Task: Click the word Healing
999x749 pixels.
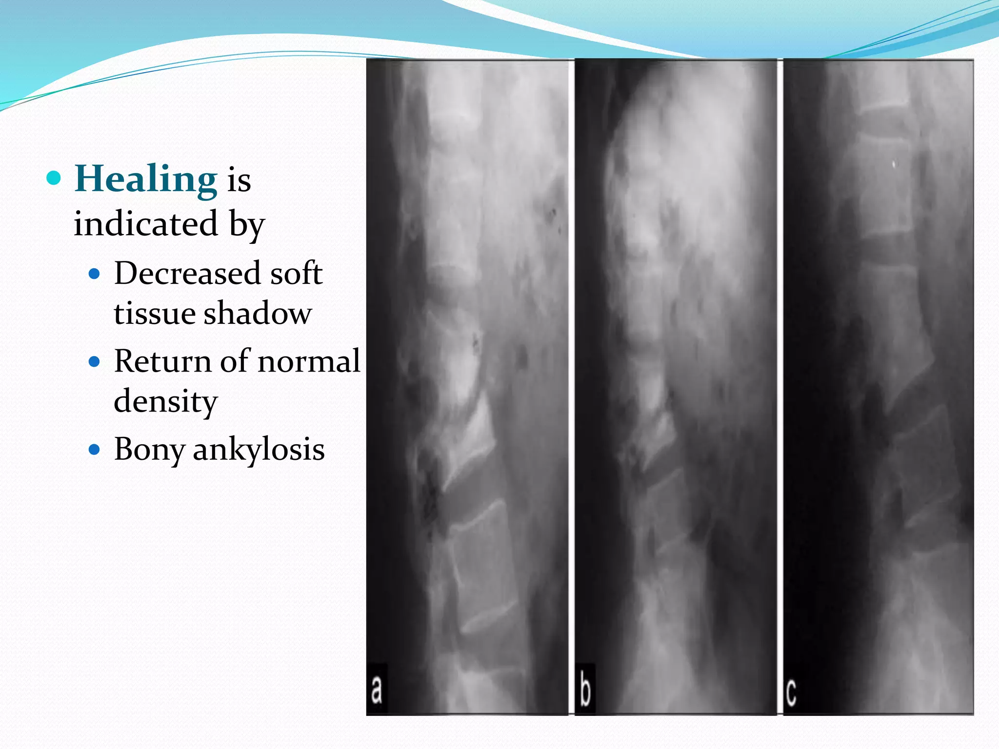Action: (145, 179)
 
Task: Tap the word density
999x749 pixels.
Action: (165, 402)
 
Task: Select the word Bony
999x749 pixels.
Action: (149, 449)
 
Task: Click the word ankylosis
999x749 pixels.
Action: (259, 449)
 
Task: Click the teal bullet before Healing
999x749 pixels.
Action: (54, 178)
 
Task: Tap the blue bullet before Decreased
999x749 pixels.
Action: (95, 274)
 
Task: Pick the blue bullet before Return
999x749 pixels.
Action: (95, 361)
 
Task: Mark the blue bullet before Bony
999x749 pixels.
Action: (95, 449)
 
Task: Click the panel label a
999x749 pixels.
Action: (377, 690)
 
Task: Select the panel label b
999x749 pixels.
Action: (585, 690)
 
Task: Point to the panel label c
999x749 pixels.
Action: (791, 691)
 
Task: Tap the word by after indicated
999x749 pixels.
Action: (247, 224)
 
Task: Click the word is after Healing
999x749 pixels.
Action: (239, 180)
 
